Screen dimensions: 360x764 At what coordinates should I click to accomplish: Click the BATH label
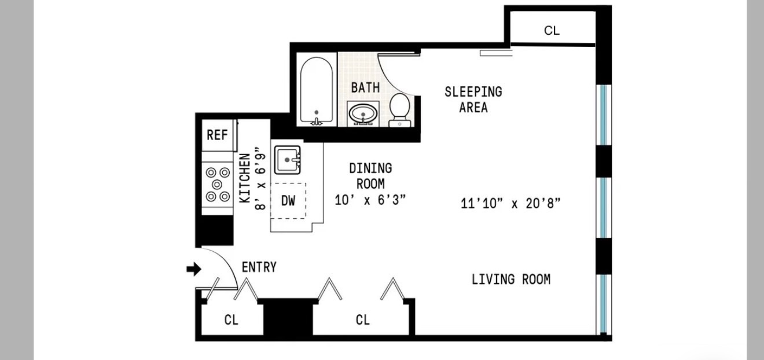point(366,87)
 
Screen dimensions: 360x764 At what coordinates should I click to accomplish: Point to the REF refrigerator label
point(217,135)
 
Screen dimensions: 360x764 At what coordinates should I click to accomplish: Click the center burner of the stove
point(217,184)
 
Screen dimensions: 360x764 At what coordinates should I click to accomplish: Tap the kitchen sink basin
point(287,159)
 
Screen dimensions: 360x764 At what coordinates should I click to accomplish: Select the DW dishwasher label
point(288,201)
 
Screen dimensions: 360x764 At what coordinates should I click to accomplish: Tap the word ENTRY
point(259,267)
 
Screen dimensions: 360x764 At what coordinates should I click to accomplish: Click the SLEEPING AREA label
point(473,100)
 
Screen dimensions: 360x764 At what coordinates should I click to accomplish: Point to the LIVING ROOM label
point(511,280)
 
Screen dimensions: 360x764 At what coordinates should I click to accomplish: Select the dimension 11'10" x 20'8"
point(510,203)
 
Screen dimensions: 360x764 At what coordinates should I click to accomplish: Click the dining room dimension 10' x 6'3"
point(370,200)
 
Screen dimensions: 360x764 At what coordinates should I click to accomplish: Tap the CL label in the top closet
point(552,31)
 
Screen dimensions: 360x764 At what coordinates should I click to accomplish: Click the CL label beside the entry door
point(231,319)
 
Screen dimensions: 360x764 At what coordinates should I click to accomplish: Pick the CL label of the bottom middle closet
point(363,319)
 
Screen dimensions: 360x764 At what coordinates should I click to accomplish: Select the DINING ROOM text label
point(370,176)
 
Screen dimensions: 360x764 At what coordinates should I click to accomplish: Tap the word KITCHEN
point(245,178)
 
